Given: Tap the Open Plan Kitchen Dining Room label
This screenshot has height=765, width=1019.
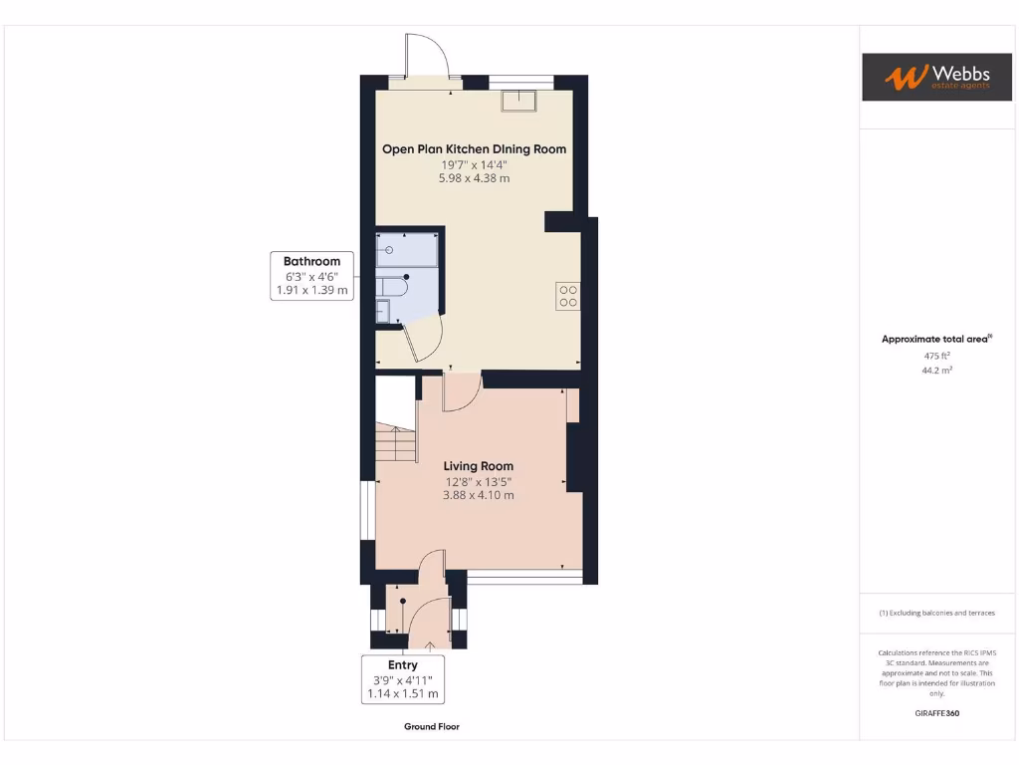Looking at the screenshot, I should coord(475,149).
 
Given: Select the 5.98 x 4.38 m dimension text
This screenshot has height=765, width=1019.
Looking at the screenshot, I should coord(475,178).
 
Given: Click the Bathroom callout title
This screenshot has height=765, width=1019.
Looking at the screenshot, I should coord(311,262).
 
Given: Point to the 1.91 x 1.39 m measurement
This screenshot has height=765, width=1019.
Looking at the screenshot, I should coord(311,291).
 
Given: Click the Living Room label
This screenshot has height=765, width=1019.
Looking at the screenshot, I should coord(479,466).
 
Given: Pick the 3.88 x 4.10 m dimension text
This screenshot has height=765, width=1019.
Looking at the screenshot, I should coord(479,495).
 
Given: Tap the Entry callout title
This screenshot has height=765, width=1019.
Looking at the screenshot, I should coord(403,665).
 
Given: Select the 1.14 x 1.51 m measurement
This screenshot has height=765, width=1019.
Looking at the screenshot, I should coord(403,693).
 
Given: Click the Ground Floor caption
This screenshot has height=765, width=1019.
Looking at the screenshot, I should coord(432,727).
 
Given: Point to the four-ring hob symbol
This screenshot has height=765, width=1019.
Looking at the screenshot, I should coord(568,296).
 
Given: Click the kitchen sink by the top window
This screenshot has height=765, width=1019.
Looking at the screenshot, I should coord(518,99).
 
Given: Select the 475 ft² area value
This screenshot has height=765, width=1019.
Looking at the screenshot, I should coord(936,355).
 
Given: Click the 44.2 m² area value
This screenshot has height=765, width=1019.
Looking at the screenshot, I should coord(936,370).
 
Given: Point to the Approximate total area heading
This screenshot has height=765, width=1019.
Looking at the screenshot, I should coord(936,340).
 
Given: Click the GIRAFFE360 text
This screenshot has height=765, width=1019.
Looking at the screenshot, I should coord(936,713).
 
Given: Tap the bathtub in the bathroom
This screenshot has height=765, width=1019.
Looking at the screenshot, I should coord(407,249).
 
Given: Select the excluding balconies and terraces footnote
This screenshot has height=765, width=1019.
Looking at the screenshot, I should coord(936,613).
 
